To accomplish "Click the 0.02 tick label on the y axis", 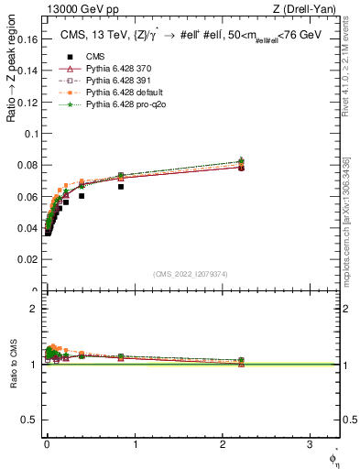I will tap(29, 260).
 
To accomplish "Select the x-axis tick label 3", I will tap(310, 445).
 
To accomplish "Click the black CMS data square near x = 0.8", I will tap(121, 186).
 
